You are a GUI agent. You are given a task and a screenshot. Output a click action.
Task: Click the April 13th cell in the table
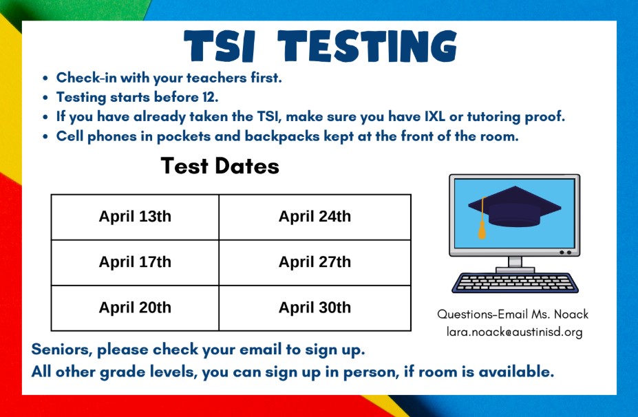pos(135,217)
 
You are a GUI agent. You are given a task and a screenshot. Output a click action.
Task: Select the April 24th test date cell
pos(315,217)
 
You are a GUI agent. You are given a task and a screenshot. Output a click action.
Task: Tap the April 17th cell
pos(135,262)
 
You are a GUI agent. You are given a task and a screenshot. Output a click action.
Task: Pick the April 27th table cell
pos(315,262)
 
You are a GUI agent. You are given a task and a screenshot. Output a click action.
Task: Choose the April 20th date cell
pos(135,308)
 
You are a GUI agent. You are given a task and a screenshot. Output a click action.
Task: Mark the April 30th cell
pos(315,308)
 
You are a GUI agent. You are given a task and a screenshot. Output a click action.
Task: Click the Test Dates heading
pos(220,166)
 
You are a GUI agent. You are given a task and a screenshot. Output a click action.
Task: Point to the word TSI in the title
pos(223,47)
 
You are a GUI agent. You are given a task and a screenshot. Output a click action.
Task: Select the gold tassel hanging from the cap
pos(482,224)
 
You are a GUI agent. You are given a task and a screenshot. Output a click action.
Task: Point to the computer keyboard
pos(514,282)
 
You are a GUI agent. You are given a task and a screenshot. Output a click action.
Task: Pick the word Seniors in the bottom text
pos(61,350)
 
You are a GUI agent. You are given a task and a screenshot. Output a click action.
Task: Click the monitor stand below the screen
pos(515,264)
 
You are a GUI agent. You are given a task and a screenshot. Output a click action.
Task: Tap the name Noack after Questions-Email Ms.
pos(571,314)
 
